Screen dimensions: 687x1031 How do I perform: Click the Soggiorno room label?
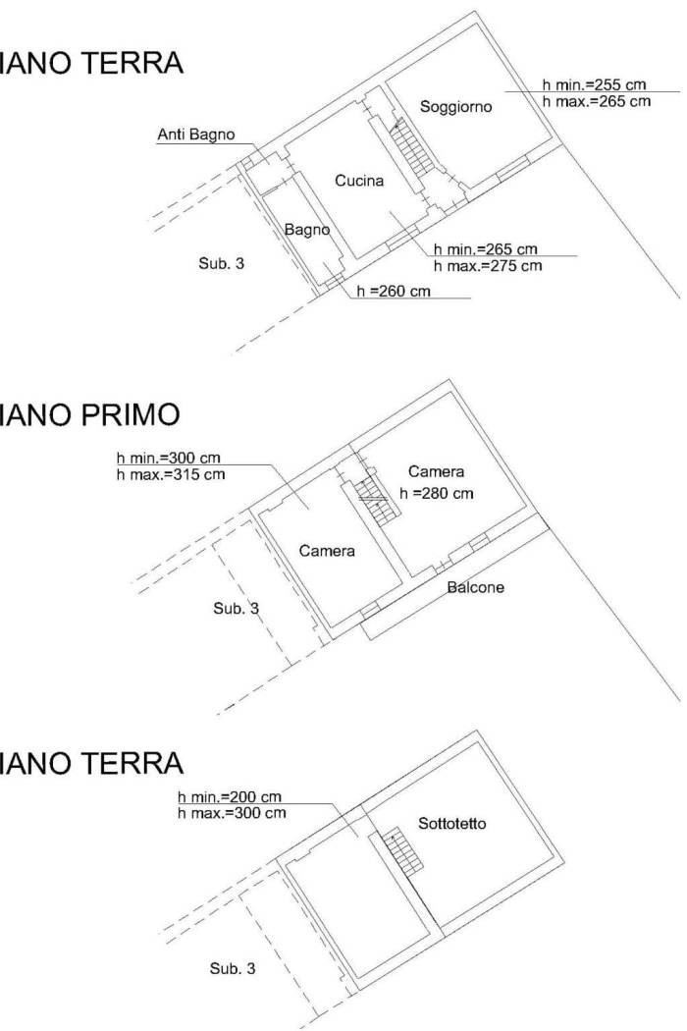pos(455,106)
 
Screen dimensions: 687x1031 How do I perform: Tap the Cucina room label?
pos(359,180)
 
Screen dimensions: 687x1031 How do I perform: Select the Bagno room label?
pos(307,230)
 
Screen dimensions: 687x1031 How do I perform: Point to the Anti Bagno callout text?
pos(196,135)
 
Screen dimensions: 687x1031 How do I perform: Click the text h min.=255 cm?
pos(595,84)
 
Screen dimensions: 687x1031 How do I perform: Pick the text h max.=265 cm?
pos(597,101)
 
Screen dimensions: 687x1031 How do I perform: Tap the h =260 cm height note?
pos(394,291)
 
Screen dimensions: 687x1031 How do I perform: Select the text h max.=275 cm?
pos(488,266)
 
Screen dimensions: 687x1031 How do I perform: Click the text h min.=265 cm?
pos(486,249)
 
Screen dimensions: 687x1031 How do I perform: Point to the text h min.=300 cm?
pos(168,458)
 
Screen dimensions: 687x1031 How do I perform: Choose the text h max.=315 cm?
pos(171,474)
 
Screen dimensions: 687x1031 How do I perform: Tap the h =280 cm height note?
pos(437,493)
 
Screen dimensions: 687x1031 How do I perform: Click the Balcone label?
pos(475,587)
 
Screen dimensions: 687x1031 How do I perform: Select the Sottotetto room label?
pos(452,823)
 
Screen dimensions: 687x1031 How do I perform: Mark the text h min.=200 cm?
pos(230,797)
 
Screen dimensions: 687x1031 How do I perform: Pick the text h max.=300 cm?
pos(232,813)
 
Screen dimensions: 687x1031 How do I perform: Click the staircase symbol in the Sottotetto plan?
pos(403,852)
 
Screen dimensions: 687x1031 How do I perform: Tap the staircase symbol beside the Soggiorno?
pos(412,150)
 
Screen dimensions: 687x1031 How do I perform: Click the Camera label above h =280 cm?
pos(436,471)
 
